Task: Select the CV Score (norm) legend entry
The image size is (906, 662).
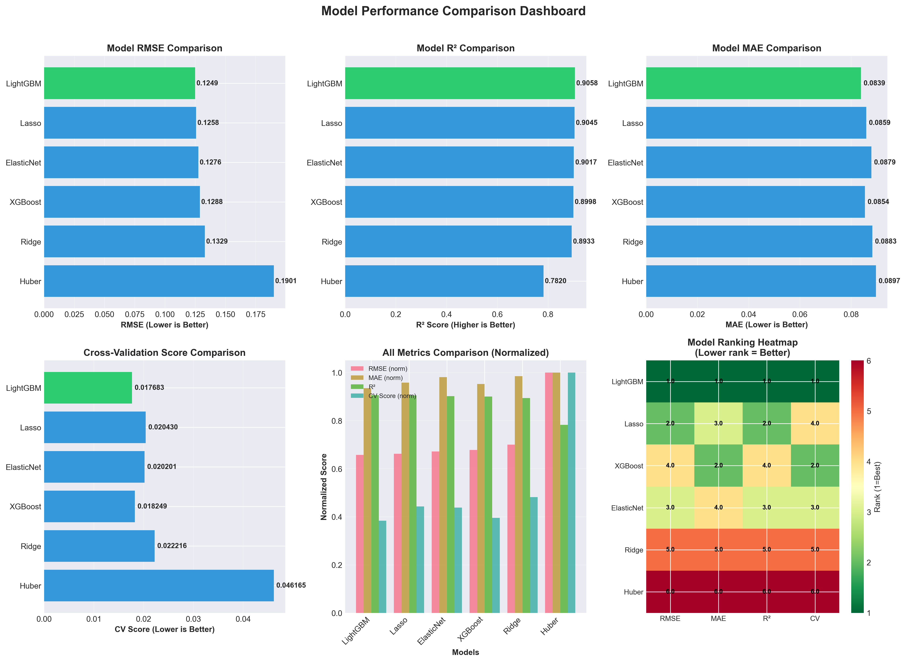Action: [x=392, y=396]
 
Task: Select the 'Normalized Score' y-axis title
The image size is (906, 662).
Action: [x=324, y=487]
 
